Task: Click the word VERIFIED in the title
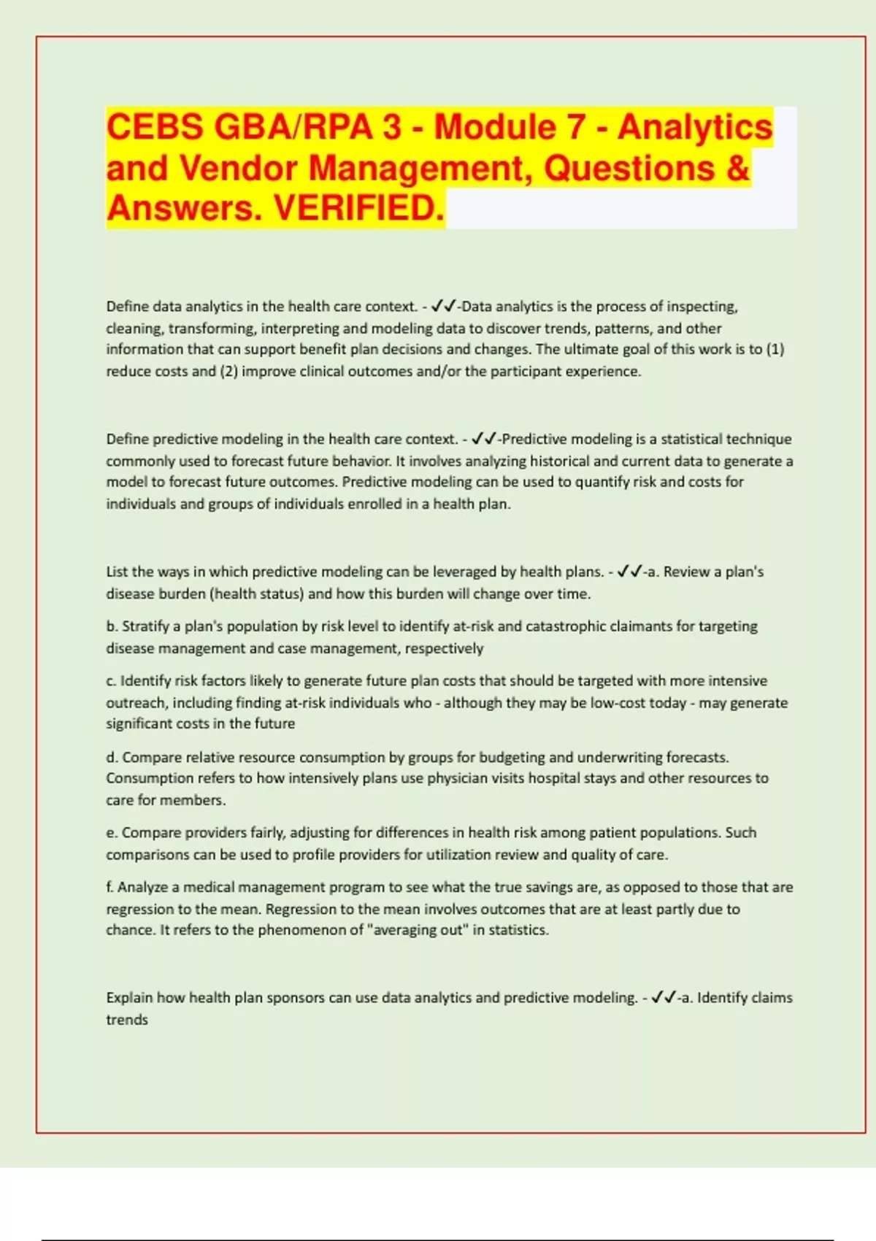tap(358, 209)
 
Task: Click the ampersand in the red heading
tap(738, 168)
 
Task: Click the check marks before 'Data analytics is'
tap(444, 306)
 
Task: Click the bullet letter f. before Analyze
tap(110, 887)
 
